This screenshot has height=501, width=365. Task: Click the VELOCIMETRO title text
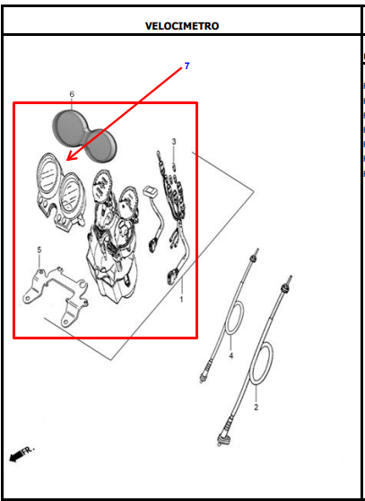point(182,26)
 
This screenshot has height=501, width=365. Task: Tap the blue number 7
point(187,66)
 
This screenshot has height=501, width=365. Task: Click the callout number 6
point(72,94)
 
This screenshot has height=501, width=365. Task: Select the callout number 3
point(174,141)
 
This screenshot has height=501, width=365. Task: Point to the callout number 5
point(39,250)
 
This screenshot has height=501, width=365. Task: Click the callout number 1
point(181,300)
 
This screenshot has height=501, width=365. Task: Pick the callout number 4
point(231,356)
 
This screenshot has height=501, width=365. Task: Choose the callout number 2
point(256,408)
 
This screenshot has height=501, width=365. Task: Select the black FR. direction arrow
point(15,457)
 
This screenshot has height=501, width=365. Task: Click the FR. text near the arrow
point(28,450)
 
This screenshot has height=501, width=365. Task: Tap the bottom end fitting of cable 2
point(222,441)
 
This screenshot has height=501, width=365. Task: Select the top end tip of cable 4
point(257,250)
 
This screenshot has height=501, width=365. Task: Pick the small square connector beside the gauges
point(149,191)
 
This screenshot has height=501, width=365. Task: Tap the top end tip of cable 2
point(291,277)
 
